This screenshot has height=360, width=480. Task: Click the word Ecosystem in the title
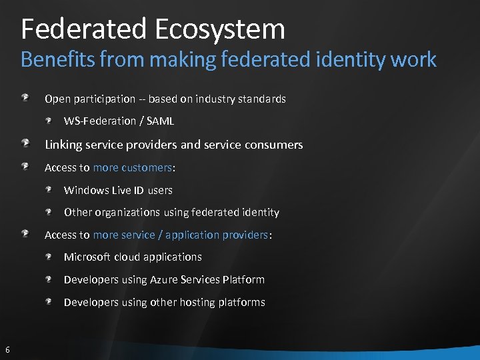point(220,29)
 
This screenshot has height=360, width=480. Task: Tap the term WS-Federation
point(101,121)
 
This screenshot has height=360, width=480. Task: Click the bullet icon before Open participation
point(25,98)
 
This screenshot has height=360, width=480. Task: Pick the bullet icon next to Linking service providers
point(25,143)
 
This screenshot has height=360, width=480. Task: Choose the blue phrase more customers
point(132,167)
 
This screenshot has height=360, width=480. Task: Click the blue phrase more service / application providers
point(180,235)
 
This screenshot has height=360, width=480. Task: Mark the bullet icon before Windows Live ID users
point(49,190)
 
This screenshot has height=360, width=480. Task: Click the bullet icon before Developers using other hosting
point(49,302)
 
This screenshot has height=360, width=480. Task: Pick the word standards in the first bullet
point(263,99)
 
